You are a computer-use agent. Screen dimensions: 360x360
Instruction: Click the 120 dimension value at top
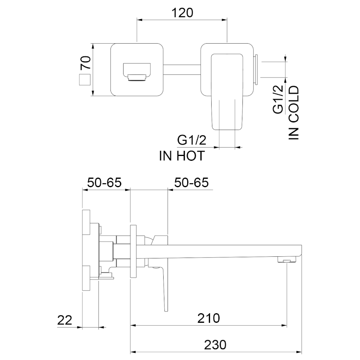pyautogui.click(x=182, y=13)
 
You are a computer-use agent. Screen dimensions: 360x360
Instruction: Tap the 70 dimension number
pyautogui.click(x=86, y=63)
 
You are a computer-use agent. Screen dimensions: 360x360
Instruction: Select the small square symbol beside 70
pyautogui.click(x=85, y=80)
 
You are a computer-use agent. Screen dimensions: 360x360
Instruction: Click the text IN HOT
pyautogui.click(x=182, y=156)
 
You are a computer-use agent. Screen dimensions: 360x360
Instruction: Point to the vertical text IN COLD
pyautogui.click(x=294, y=113)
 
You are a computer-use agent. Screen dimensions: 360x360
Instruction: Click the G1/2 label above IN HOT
pyautogui.click(x=192, y=140)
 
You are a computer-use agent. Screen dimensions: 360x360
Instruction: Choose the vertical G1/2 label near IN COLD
pyautogui.click(x=278, y=99)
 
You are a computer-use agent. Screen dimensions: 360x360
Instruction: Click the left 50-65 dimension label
pyautogui.click(x=104, y=183)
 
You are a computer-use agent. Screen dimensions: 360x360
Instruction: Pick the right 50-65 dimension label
pyautogui.click(x=192, y=183)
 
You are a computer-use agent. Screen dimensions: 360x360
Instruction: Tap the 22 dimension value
pyautogui.click(x=64, y=320)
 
